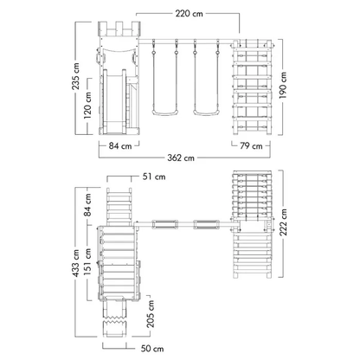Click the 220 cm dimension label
point(189,14)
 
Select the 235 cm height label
point(76,76)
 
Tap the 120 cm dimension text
point(87,106)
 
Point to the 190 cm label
point(283,86)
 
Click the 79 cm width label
point(251,145)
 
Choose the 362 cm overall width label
point(181,157)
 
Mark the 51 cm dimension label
point(154,177)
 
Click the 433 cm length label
point(76,263)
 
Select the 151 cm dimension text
point(87,261)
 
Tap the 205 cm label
point(151,314)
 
